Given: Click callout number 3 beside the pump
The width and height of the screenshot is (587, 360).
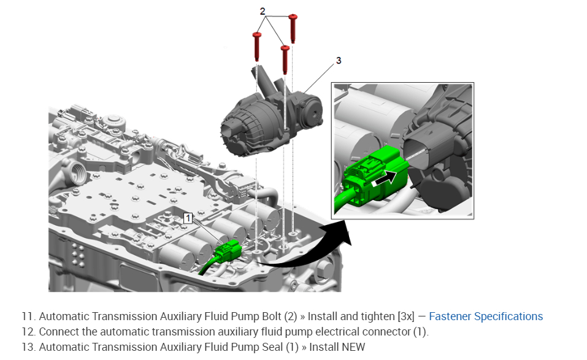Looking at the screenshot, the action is point(339,61).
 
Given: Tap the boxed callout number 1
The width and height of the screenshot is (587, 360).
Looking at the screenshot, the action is point(188,218).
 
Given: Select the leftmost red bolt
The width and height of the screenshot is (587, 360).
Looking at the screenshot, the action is point(257,45).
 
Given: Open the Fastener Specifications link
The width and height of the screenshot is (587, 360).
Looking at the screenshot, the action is point(485,316).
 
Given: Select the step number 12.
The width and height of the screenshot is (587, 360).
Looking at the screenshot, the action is point(28,332).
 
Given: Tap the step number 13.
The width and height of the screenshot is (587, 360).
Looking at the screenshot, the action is point(28,347).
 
